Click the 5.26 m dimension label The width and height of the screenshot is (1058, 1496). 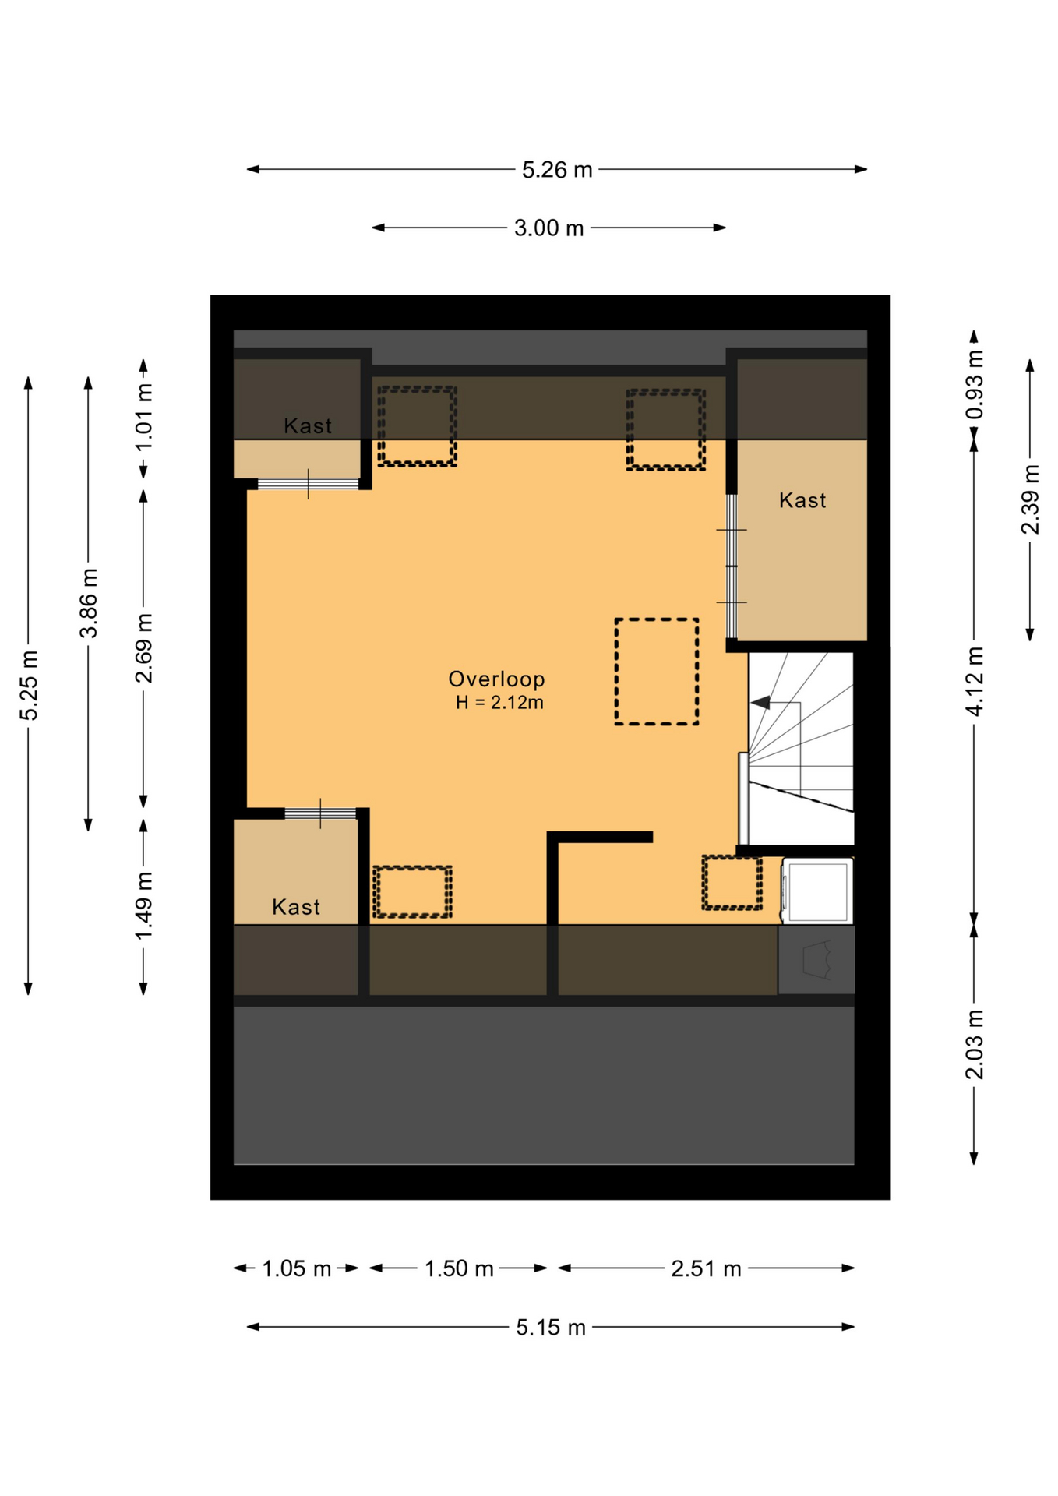556,170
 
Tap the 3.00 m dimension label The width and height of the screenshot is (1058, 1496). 548,228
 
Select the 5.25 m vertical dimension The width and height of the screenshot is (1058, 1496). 29,685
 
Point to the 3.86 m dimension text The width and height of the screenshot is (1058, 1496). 89,603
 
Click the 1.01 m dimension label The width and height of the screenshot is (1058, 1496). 143,417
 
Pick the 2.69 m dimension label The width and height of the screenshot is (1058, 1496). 143,648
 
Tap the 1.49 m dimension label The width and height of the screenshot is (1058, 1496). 143,906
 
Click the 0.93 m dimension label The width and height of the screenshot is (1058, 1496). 974,384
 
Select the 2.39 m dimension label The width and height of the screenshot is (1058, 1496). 1030,499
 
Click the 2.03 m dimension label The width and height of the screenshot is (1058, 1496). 974,1045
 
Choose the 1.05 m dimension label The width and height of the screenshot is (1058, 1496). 297,1269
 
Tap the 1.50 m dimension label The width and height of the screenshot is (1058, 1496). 459,1269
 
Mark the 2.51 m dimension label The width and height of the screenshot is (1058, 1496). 706,1269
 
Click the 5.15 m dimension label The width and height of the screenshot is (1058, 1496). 550,1328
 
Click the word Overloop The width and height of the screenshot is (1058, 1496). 496,679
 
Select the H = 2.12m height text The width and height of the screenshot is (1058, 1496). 499,703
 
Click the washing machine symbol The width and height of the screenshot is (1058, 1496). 817,891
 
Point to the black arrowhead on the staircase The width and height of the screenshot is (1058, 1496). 760,703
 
